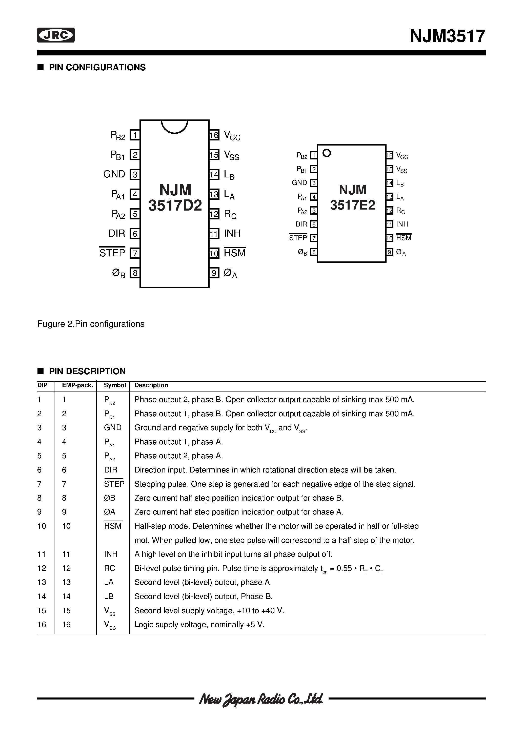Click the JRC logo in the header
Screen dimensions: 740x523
[56, 35]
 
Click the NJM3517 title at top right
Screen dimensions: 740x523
[447, 36]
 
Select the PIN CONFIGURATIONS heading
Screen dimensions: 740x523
[97, 67]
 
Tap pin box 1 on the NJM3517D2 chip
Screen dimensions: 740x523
[135, 135]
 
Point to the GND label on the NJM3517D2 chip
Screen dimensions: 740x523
[114, 174]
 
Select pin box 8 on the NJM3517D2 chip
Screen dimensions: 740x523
[135, 273]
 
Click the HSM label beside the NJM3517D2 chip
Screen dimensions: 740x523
[234, 253]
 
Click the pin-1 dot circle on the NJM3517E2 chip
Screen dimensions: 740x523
[327, 153]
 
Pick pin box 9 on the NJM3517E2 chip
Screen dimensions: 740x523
[390, 252]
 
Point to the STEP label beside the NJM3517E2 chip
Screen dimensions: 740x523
[298, 238]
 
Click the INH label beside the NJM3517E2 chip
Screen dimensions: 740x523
[402, 224]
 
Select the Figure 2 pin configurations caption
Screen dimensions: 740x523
[91, 324]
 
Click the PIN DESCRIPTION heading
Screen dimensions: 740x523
[87, 371]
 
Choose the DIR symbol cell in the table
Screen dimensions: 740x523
[111, 470]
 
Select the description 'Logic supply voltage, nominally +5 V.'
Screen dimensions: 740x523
[199, 625]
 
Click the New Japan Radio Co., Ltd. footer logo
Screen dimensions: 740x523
[261, 699]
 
